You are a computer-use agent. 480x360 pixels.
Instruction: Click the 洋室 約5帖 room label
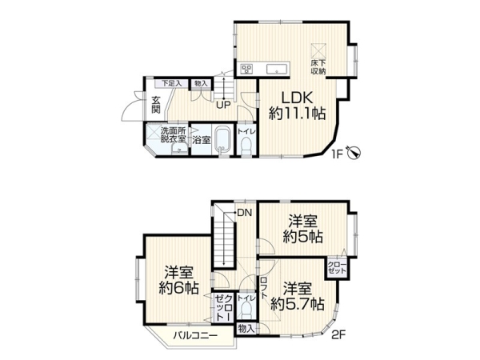(x=302, y=227)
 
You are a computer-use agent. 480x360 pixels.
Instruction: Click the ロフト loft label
(x=266, y=287)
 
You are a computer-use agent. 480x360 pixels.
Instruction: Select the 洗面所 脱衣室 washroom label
(x=171, y=135)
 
